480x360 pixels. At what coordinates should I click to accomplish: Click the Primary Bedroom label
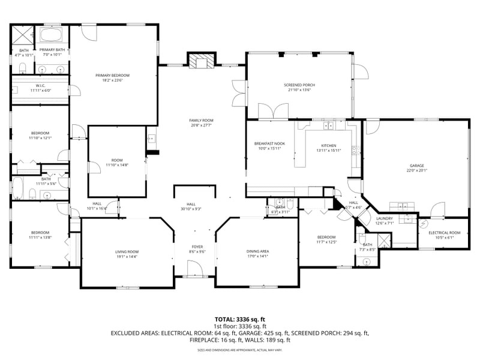click(112, 75)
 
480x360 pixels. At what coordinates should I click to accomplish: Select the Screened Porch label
click(299, 85)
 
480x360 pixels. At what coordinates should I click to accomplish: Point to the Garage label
click(417, 166)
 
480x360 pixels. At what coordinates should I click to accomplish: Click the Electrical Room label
click(445, 232)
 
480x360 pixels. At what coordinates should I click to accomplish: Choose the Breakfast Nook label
click(269, 143)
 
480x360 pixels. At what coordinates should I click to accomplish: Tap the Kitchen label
click(328, 146)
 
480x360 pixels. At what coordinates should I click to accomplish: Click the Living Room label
click(127, 251)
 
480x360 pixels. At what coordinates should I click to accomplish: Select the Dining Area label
click(257, 251)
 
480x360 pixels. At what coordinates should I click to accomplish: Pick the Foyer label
click(197, 247)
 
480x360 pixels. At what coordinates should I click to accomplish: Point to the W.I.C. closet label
click(41, 86)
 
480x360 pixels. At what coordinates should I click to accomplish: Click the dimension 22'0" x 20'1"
click(417, 170)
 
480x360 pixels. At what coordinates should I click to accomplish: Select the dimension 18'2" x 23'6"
click(112, 80)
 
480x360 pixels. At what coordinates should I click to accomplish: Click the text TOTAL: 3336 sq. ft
click(240, 319)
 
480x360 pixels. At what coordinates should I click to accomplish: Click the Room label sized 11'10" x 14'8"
click(116, 160)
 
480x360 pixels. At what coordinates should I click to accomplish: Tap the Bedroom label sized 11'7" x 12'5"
click(326, 237)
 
